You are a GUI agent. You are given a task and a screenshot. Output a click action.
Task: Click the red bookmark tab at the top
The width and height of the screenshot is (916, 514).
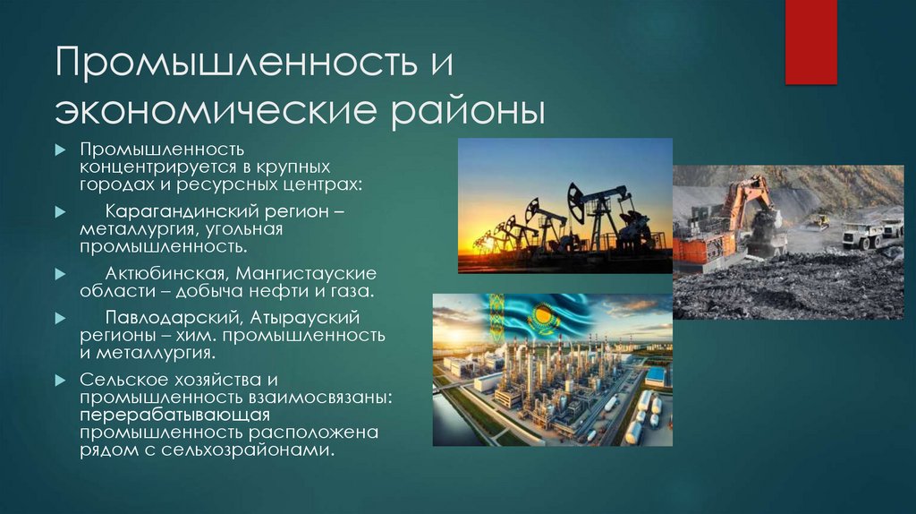click(x=810, y=41)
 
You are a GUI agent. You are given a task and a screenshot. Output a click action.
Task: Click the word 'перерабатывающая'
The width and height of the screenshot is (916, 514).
click(x=174, y=415)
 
